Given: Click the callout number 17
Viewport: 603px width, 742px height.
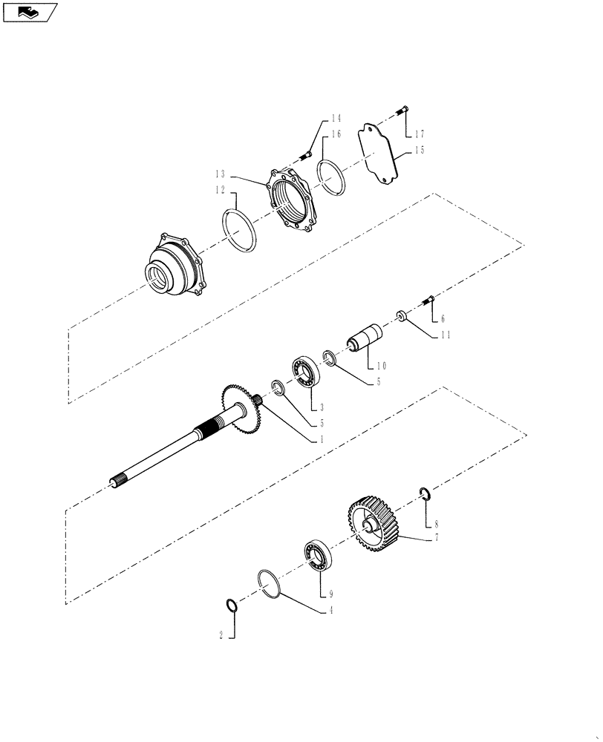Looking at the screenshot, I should (420, 134).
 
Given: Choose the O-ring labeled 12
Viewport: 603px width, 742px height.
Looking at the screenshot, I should (240, 230).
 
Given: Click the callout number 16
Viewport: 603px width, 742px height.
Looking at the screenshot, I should (336, 135).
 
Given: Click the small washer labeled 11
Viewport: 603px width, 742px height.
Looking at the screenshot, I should (402, 317).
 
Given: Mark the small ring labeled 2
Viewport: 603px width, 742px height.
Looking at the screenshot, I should (232, 605).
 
